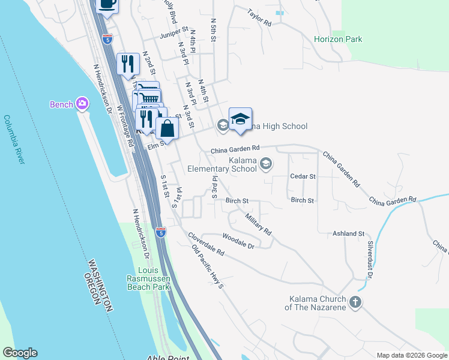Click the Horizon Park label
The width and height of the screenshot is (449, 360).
(338, 39)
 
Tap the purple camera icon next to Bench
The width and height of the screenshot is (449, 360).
(82, 104)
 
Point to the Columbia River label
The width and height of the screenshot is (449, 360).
(14, 139)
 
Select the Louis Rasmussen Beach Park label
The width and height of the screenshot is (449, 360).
(148, 278)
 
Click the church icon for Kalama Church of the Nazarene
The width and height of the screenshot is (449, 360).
(355, 302)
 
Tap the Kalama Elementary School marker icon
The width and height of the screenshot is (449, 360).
(267, 163)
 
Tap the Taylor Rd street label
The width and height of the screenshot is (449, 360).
(259, 17)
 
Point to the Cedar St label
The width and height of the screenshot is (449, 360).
(303, 176)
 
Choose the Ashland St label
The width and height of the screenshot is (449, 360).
(349, 233)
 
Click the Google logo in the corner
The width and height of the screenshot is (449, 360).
(20, 353)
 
